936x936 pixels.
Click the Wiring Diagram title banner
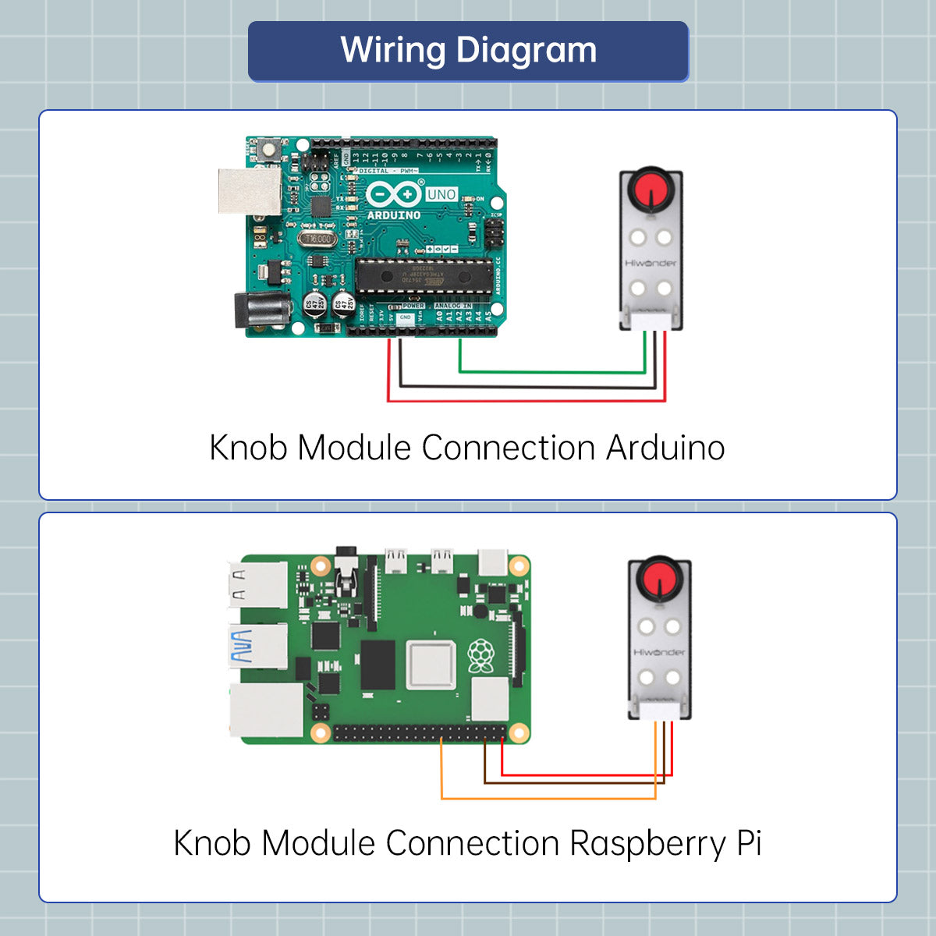point(468,51)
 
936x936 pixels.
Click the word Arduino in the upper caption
point(665,448)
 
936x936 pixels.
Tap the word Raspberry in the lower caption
point(647,844)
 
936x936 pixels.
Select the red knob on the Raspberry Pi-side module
point(660,579)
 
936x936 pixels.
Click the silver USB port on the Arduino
point(249,190)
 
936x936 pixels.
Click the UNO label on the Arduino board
point(441,194)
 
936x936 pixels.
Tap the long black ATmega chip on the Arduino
point(424,275)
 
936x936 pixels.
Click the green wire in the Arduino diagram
point(554,372)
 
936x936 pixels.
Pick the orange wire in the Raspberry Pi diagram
point(546,798)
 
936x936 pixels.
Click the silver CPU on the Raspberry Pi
point(431,665)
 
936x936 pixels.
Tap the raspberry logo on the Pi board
point(480,656)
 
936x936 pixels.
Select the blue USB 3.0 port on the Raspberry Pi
point(256,647)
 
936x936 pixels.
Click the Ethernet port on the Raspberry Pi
point(265,711)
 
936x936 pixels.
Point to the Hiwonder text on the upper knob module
point(651,263)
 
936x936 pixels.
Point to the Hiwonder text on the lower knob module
point(659,652)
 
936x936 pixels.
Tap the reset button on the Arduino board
point(269,147)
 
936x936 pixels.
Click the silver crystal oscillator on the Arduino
point(317,239)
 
